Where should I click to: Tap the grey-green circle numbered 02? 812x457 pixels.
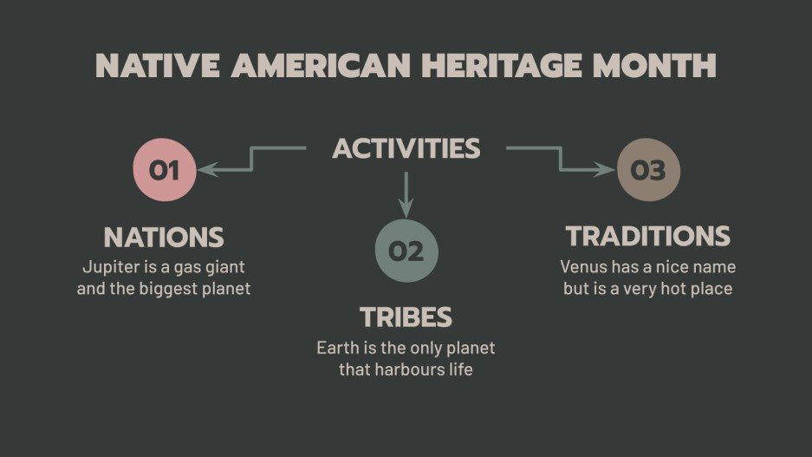click(406, 251)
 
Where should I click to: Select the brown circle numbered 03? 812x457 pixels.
click(648, 170)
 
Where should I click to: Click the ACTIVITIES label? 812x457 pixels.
click(406, 148)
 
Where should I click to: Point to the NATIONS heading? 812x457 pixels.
click(164, 237)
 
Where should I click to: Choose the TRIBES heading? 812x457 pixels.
click(406, 317)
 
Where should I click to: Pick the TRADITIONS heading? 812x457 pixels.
click(647, 236)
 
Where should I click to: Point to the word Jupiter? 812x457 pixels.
click(110, 267)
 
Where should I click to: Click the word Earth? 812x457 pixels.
click(335, 349)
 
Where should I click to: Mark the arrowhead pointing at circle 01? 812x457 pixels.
click(207, 170)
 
